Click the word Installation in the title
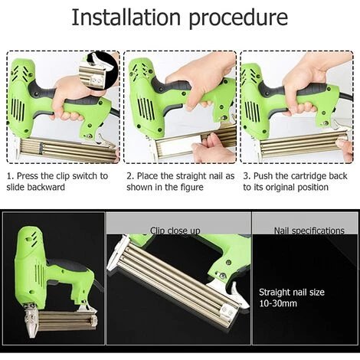(x=126, y=18)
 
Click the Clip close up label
(x=175, y=231)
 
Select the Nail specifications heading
(x=309, y=231)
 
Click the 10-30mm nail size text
(x=278, y=304)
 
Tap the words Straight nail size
(x=292, y=293)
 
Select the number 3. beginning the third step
(x=247, y=176)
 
